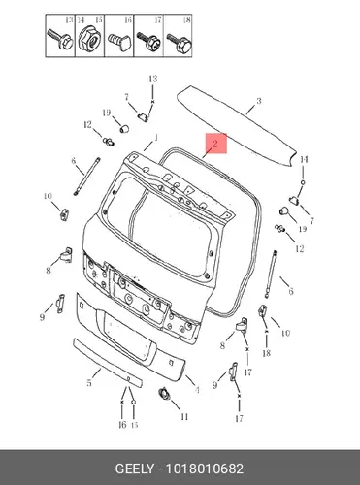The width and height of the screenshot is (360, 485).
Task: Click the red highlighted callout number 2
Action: point(215,143)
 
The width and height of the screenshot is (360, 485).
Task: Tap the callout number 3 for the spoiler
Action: point(259,101)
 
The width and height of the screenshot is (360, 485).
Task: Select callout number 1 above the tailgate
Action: point(155,138)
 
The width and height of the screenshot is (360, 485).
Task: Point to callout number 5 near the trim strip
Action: point(89,383)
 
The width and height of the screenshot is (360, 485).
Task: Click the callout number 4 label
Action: point(197,390)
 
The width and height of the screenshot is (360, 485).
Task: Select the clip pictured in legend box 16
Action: point(119,42)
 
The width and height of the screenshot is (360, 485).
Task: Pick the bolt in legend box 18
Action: point(180,44)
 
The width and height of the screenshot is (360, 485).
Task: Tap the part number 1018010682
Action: point(205,469)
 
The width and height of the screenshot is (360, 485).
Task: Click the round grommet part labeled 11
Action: point(165,394)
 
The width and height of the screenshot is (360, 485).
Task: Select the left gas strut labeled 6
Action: point(86,177)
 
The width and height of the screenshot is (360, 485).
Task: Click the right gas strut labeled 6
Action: point(271,275)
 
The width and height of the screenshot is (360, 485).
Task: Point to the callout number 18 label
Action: point(266,353)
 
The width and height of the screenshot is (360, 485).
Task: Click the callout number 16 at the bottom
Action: point(122,425)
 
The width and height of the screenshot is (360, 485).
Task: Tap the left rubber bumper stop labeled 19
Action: point(124,128)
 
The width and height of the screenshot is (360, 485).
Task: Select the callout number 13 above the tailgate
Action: point(153,79)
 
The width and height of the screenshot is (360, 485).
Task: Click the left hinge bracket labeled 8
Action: point(67,255)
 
